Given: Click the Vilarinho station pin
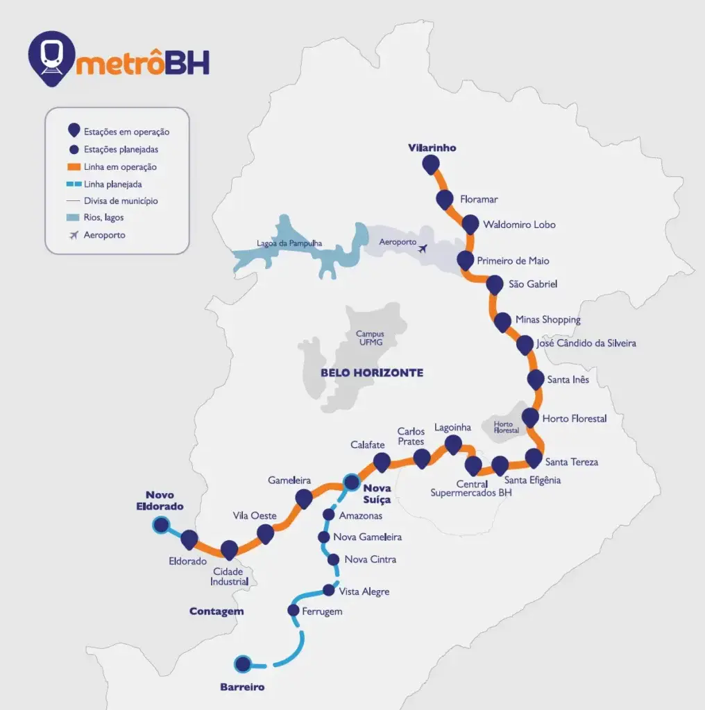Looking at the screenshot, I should click(431, 164).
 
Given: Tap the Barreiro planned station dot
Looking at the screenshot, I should click(243, 664).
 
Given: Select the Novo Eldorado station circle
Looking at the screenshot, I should click(161, 526).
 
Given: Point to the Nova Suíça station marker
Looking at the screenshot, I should click(352, 482).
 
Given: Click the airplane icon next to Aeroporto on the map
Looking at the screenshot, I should click(424, 248).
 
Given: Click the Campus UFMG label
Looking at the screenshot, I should click(370, 338).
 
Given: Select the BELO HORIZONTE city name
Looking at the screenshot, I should click(371, 373).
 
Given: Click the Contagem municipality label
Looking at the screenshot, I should click(216, 612).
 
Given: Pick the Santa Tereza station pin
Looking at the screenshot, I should click(534, 457).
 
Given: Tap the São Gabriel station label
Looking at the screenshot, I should click(533, 284).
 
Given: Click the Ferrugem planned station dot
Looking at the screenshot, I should click(293, 610).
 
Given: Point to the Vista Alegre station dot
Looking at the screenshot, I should click(330, 591).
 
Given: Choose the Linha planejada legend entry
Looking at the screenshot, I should click(112, 184).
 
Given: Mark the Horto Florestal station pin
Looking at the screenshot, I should click(530, 417).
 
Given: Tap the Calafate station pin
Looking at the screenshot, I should click(382, 460).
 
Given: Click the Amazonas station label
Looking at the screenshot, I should click(361, 516).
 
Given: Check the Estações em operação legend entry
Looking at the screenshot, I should click(126, 132).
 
